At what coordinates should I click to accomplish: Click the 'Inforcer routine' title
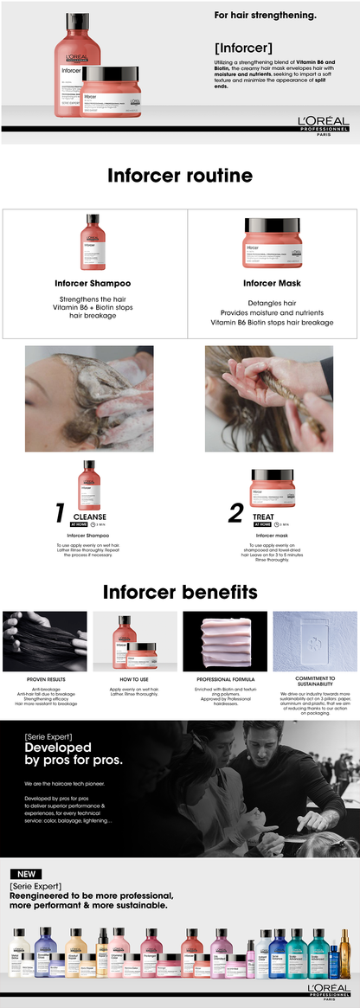[180, 176]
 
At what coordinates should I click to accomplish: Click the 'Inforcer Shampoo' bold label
[93, 283]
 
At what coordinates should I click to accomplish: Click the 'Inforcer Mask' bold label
[271, 283]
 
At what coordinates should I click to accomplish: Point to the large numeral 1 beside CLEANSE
[60, 513]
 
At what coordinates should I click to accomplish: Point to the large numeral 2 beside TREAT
[235, 513]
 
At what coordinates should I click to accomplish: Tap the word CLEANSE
[96, 517]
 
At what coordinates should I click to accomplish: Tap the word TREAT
[264, 517]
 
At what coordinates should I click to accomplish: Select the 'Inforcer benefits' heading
[180, 592]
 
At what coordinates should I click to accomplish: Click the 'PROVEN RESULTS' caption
[45, 679]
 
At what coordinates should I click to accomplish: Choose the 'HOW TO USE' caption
[135, 679]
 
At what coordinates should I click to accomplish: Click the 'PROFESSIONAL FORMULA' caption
[225, 679]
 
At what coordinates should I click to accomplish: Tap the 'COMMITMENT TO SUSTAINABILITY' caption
[315, 682]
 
